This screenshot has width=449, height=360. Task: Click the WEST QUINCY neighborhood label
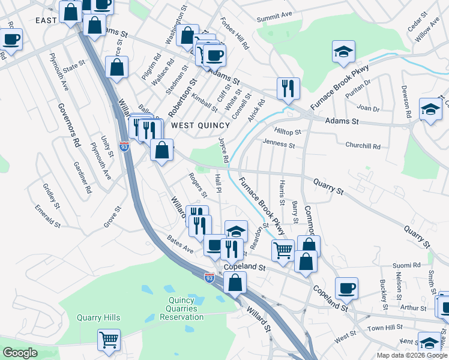[200, 125]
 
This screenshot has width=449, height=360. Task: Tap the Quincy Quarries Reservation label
[181, 308]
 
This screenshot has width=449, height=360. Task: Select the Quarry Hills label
[98, 318]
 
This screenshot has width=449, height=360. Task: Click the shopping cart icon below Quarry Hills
[109, 340]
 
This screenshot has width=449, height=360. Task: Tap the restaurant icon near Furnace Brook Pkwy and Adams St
[288, 89]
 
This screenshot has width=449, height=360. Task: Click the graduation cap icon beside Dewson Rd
[430, 109]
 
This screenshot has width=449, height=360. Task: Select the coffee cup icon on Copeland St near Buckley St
[346, 288]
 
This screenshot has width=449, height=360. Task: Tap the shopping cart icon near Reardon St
[283, 249]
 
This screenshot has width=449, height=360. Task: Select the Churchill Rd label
[363, 146]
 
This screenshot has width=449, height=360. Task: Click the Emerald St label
[47, 217]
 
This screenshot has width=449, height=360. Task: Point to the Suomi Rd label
[406, 265]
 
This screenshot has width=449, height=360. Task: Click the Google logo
[20, 353]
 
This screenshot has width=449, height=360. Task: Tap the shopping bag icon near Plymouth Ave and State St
[116, 67]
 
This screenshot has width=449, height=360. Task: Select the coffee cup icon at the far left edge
[11, 40]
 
